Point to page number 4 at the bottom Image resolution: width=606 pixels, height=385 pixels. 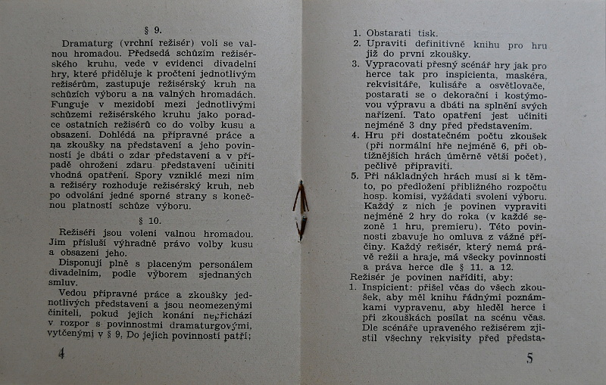click(61, 354)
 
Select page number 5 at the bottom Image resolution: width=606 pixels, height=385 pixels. click(529, 358)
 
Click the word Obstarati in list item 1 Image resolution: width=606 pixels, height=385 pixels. click(390, 33)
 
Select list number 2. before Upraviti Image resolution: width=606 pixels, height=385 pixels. click(356, 45)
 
